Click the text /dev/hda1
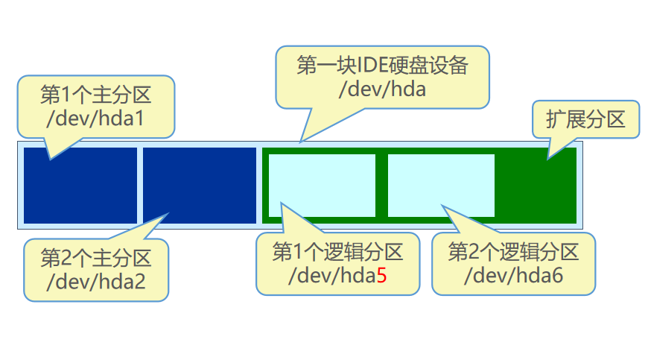(95, 119)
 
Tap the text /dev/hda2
(95, 282)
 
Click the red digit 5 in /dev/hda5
(381, 276)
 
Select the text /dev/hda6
(513, 276)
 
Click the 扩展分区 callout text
(585, 119)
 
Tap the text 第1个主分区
(95, 95)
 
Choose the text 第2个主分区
(95, 258)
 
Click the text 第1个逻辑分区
(337, 252)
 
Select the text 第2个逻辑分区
(513, 252)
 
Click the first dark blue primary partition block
(80, 185)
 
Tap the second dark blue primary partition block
(200, 185)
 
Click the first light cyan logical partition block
(322, 185)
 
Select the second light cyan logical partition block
(441, 185)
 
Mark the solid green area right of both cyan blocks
(536, 185)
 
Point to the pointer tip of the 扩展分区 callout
(549, 158)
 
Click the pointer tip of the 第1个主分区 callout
(50, 159)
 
